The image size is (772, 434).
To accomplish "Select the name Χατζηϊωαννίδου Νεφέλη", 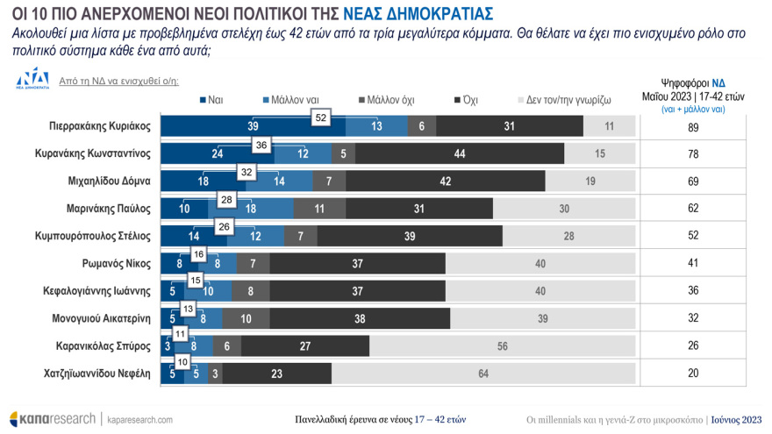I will pyautogui.click(x=97, y=374).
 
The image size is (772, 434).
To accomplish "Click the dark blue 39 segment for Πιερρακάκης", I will pyautogui.click(x=252, y=126).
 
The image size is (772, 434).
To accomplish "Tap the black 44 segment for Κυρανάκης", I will pyautogui.click(x=460, y=153).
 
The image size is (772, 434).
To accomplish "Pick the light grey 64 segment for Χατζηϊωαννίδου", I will pyautogui.click(x=482, y=374).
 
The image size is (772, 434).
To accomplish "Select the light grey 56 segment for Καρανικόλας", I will pyautogui.click(x=502, y=346).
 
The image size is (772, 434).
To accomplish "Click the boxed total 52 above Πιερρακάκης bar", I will pyautogui.click(x=320, y=117).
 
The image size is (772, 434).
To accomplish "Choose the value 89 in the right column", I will pyautogui.click(x=693, y=126).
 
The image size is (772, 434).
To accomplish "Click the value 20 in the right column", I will pyautogui.click(x=693, y=374).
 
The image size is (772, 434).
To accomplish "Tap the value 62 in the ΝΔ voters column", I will pyautogui.click(x=693, y=209).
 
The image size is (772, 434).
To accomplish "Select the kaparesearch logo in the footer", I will pyautogui.click(x=53, y=418).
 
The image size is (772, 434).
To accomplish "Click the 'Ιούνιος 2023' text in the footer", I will pyautogui.click(x=735, y=419).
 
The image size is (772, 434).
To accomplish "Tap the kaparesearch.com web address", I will pyautogui.click(x=139, y=419).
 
